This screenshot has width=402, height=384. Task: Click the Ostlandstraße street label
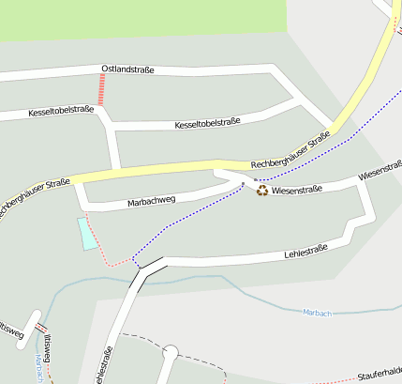coord(127,69)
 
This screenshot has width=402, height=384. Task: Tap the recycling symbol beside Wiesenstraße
coord(263,191)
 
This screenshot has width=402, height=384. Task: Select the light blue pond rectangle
coord(86,233)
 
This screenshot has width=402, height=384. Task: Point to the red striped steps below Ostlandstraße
coord(101,90)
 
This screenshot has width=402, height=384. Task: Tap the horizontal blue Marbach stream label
coord(318,312)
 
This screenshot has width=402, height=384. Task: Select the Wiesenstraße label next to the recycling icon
coord(296,190)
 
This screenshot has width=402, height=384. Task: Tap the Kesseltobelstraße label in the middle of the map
coord(208,123)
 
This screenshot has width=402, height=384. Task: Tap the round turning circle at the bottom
coord(170,354)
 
